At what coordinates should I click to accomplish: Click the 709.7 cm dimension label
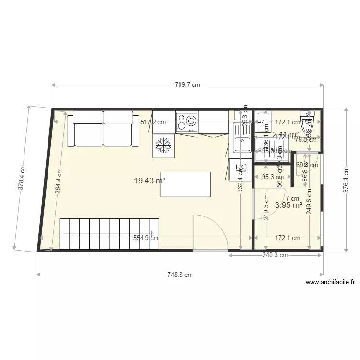(187, 85)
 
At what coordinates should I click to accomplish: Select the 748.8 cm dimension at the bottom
(180, 275)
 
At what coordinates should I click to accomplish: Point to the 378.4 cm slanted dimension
(22, 178)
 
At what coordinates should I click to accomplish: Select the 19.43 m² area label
(149, 180)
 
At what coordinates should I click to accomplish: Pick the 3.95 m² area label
(288, 205)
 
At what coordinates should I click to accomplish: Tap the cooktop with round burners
(187, 122)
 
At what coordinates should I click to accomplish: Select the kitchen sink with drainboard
(242, 137)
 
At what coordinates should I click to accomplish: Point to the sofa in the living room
(103, 129)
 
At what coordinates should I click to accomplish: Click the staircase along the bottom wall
(109, 234)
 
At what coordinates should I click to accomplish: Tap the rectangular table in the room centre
(185, 184)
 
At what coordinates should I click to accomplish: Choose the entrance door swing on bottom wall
(210, 232)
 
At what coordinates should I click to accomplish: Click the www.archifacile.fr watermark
(330, 283)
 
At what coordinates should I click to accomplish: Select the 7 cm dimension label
(292, 198)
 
